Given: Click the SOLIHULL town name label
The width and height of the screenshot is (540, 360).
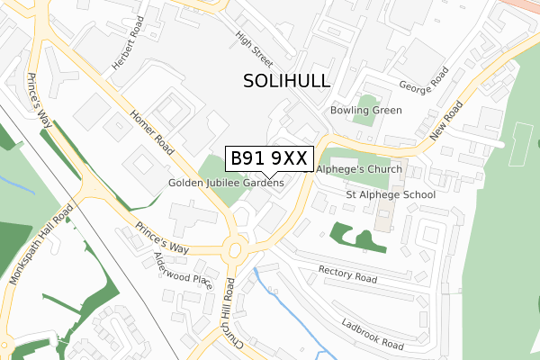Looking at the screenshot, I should pos(287,81).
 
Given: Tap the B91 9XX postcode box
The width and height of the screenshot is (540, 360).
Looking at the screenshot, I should pos(269,159).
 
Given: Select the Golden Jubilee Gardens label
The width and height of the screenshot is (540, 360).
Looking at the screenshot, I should pos(226,183).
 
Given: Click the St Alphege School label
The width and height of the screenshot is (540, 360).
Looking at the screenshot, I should pos(391,194).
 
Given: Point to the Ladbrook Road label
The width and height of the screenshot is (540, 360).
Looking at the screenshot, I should pos(373,332).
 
